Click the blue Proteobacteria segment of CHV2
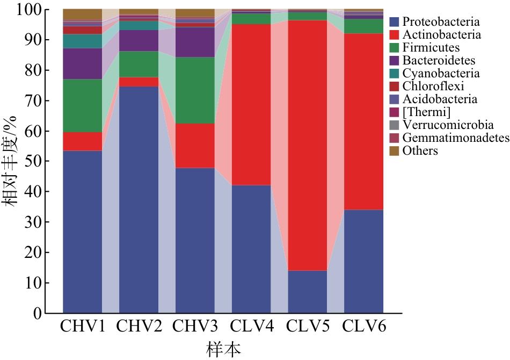pyautogui.click(x=139, y=200)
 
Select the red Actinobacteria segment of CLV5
pyautogui.click(x=308, y=146)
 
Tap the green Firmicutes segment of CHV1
pyautogui.click(x=82, y=105)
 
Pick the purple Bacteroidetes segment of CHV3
pyautogui.click(x=195, y=42)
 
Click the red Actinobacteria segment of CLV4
pyautogui.click(x=251, y=105)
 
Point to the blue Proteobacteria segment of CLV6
pyautogui.click(x=363, y=261)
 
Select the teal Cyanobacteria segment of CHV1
pyautogui.click(x=82, y=41)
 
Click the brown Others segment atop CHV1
pyautogui.click(x=82, y=15)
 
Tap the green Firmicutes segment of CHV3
pyautogui.click(x=195, y=90)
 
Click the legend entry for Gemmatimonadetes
pyautogui.click(x=449, y=138)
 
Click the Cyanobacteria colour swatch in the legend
pyautogui.click(x=394, y=73)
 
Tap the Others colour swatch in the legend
pyautogui.click(x=394, y=150)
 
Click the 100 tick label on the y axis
pyautogui.click(x=28, y=10)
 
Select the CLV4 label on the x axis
pyautogui.click(x=252, y=326)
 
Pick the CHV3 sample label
pyautogui.click(x=195, y=326)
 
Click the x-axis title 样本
pyautogui.click(x=224, y=350)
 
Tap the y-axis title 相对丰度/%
pyautogui.click(x=10, y=161)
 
